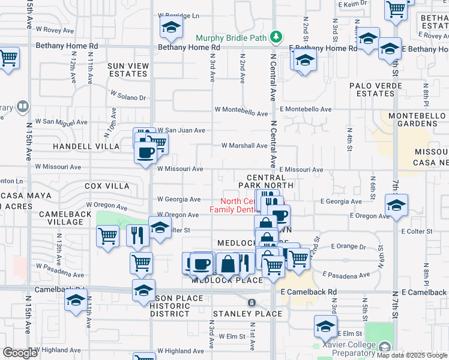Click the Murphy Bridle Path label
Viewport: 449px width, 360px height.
pyautogui.click(x=231, y=37)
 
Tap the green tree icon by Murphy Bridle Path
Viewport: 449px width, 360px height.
pyautogui.click(x=276, y=37)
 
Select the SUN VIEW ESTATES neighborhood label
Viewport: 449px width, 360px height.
pyautogui.click(x=127, y=70)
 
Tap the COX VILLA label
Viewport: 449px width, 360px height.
pyautogui.click(x=107, y=186)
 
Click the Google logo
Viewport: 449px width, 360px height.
pyautogui.click(x=20, y=353)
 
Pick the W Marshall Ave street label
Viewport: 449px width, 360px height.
pyautogui.click(x=244, y=145)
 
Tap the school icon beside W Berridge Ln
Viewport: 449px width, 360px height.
pyautogui.click(x=171, y=27)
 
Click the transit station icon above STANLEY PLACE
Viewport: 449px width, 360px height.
pyautogui.click(x=252, y=302)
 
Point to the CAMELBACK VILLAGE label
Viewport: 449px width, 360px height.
pyautogui.click(x=61, y=218)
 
